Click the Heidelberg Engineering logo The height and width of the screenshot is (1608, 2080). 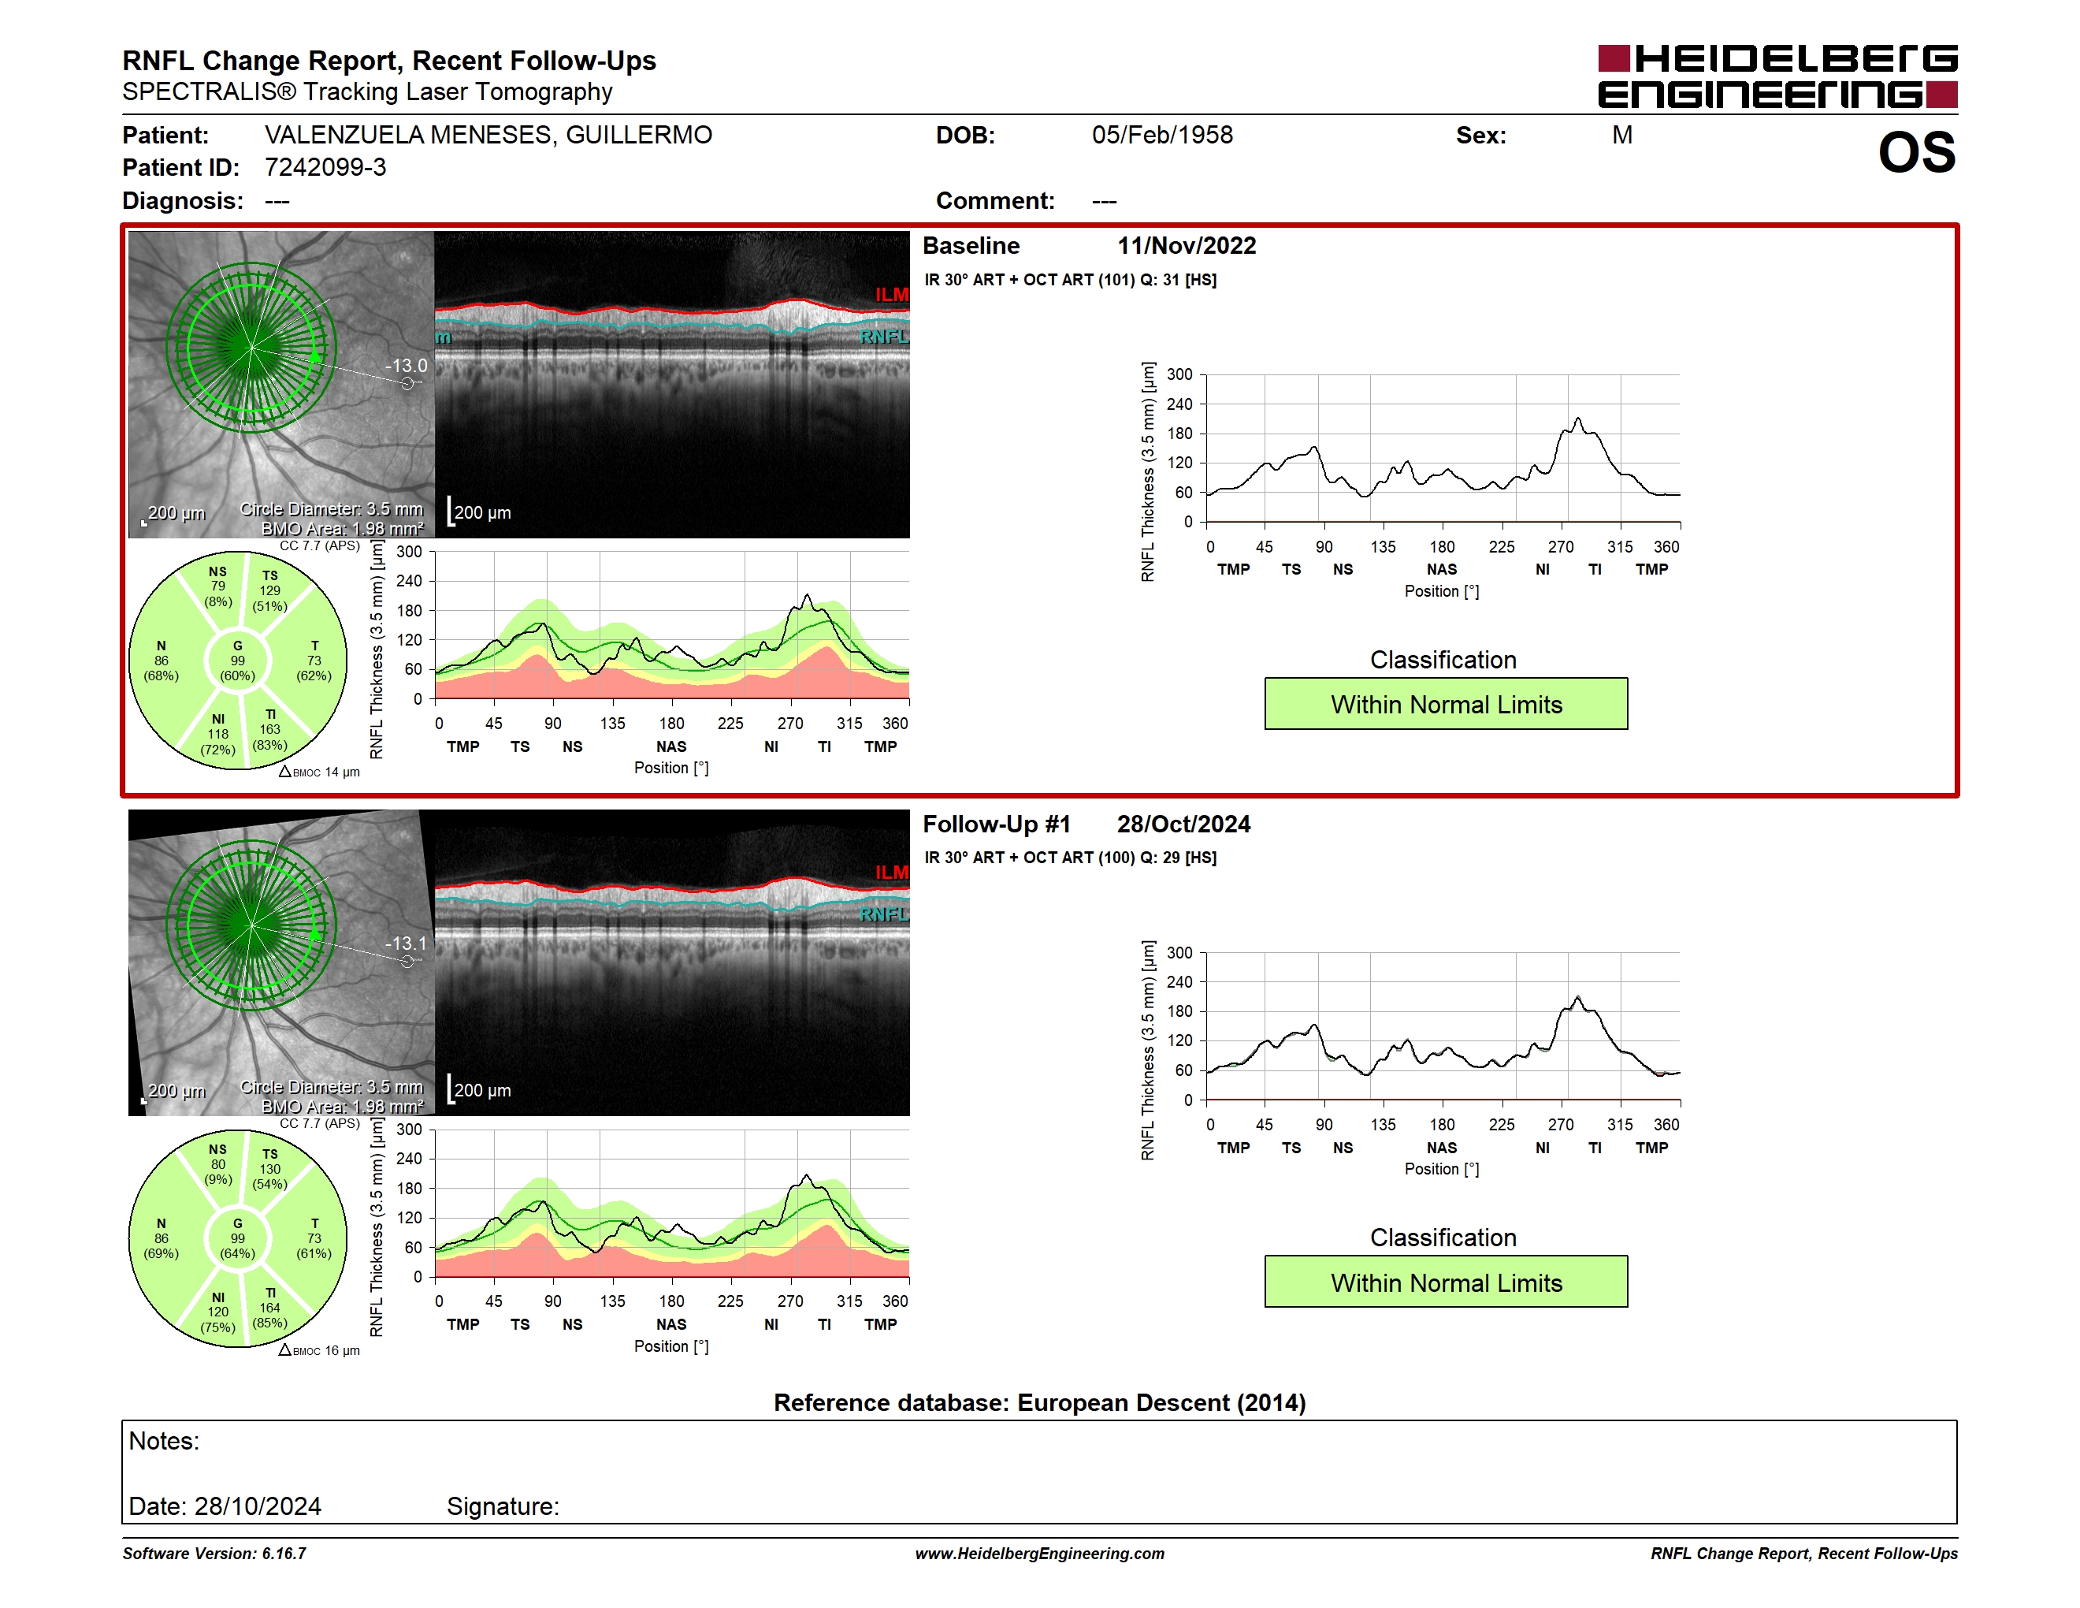pyautogui.click(x=1777, y=76)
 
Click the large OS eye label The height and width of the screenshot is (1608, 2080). pyautogui.click(x=1916, y=152)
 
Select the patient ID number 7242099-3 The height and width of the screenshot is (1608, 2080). pyautogui.click(x=325, y=168)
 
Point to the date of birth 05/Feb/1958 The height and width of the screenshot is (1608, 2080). pyautogui.click(x=1162, y=136)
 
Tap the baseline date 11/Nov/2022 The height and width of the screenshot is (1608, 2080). pyautogui.click(x=1187, y=246)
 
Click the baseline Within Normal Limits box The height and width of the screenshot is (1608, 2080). pyautogui.click(x=1446, y=704)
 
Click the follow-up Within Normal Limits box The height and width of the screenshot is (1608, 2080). pyautogui.click(x=1446, y=1282)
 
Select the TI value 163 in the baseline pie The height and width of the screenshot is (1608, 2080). pyautogui.click(x=270, y=730)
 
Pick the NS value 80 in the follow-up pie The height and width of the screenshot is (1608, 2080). pyautogui.click(x=218, y=1164)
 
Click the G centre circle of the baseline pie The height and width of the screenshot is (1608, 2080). pyautogui.click(x=238, y=661)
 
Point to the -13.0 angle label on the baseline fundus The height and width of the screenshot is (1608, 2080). pyautogui.click(x=406, y=366)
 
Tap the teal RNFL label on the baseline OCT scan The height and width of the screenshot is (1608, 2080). pyautogui.click(x=885, y=337)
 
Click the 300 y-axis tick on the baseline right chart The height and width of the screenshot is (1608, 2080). pyautogui.click(x=1179, y=374)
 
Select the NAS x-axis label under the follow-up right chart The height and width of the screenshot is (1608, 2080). pyautogui.click(x=1442, y=1148)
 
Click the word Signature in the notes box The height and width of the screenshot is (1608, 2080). pyautogui.click(x=503, y=1506)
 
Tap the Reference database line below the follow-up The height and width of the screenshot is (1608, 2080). pyautogui.click(x=1040, y=1403)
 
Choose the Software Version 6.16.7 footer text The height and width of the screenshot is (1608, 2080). pyautogui.click(x=214, y=1554)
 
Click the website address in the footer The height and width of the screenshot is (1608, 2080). pyautogui.click(x=1040, y=1554)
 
